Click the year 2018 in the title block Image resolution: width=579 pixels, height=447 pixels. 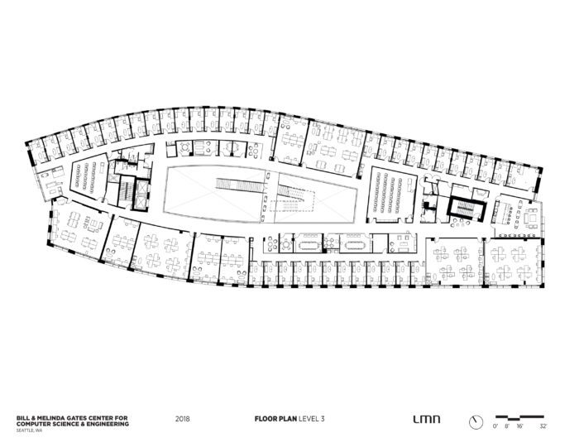click(x=183, y=419)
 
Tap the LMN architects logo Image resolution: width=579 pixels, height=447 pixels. click(x=423, y=419)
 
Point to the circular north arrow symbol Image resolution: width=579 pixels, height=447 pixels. click(x=476, y=421)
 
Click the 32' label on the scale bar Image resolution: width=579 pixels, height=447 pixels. click(x=543, y=425)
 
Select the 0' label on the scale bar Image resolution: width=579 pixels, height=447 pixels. click(x=495, y=425)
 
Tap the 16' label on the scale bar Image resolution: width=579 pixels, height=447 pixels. click(x=519, y=425)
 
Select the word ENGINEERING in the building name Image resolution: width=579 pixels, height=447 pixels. click(x=108, y=422)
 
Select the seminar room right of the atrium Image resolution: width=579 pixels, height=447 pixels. click(x=390, y=195)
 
